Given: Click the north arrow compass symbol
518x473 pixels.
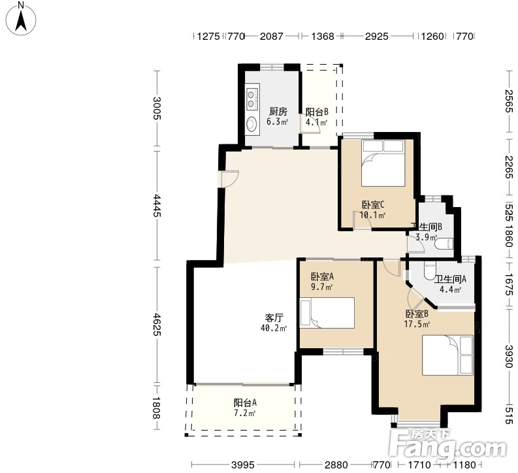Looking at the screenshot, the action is (21, 18).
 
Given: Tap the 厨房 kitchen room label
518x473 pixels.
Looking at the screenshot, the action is (278, 111).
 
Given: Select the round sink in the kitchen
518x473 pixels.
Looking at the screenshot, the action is (251, 123).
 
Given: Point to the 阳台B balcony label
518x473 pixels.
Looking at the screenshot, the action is (316, 112).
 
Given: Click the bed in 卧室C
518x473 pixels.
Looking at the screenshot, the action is (383, 163).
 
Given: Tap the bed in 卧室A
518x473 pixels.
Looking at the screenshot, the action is (327, 313).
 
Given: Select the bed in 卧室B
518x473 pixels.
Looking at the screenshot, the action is (447, 355).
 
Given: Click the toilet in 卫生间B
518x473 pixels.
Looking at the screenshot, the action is (444, 244).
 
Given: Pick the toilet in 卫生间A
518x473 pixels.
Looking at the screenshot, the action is (429, 270).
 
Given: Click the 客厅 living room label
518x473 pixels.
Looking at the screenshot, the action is (274, 318).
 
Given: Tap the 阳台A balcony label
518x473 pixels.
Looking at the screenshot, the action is (245, 402).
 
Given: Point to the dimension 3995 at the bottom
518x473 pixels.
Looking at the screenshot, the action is (243, 465).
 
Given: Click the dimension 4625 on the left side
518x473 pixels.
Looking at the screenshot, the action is (157, 324).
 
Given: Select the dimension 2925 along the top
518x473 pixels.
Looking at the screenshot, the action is (377, 36).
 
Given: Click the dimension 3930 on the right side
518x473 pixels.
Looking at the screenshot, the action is (509, 357).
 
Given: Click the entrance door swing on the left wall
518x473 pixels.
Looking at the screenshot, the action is (230, 179).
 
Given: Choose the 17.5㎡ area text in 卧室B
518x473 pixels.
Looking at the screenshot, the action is (417, 324).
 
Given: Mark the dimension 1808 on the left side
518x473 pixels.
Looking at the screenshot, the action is (157, 408).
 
